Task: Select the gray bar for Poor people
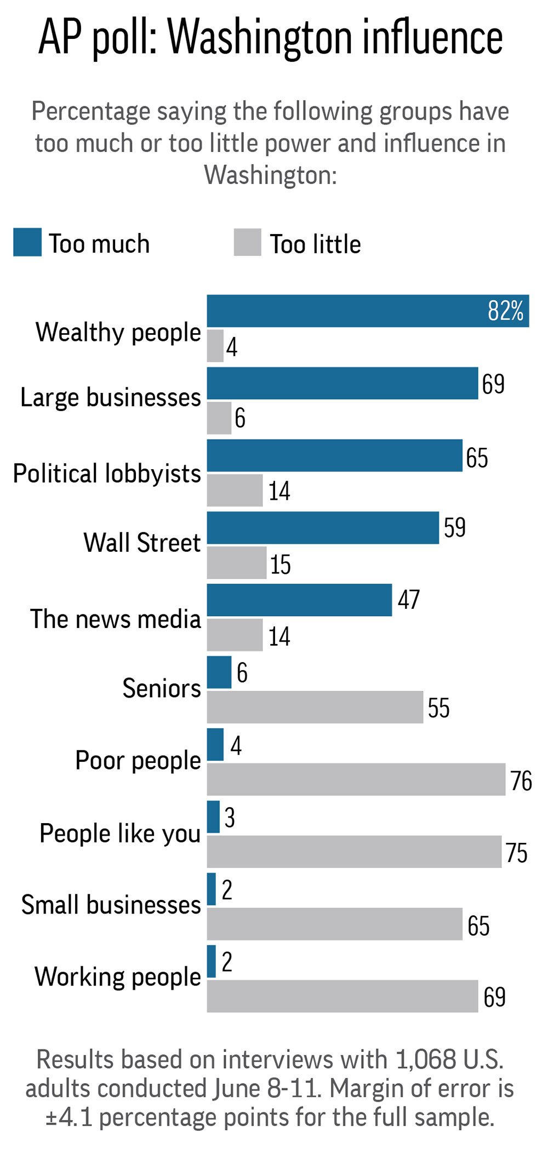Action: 356,779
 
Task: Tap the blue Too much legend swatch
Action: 27,242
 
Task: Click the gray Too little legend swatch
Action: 247,242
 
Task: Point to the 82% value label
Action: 505,311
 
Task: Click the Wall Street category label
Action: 142,543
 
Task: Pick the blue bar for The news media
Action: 299,600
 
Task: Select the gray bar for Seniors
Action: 315,706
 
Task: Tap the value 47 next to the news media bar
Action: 408,600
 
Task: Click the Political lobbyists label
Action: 107,474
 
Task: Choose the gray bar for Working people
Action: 342,996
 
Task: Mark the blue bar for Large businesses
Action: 342,383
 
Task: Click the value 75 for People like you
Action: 516,852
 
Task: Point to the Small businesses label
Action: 111,904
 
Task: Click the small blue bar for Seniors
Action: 219,672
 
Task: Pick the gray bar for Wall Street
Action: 236,562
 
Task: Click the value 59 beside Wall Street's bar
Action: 454,527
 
